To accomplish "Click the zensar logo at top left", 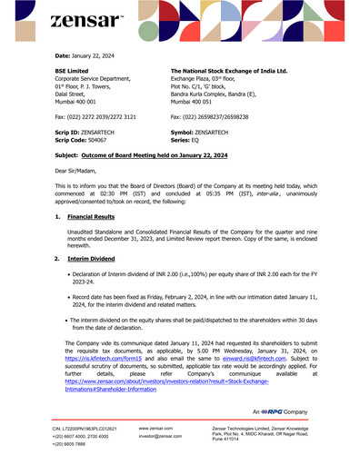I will (x=86, y=19).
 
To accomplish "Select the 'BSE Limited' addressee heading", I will (x=73, y=70).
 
